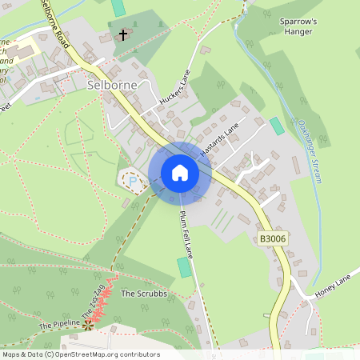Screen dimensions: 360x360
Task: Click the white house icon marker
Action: (180, 173)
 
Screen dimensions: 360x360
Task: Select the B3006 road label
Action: (272, 238)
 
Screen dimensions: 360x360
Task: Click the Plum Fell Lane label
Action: (186, 233)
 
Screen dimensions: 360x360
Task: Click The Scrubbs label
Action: (143, 294)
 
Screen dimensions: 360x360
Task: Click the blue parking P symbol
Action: (132, 181)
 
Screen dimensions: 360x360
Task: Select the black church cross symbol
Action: (122, 34)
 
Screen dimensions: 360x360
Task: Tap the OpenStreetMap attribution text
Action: (80, 354)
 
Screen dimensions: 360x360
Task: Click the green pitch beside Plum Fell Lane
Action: (185, 267)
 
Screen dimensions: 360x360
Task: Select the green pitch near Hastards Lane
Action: (277, 126)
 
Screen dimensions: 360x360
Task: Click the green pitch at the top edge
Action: (118, 7)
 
